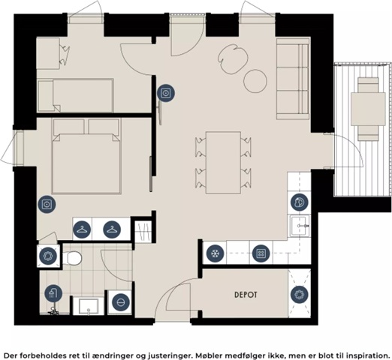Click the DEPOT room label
pyautogui.click(x=246, y=295)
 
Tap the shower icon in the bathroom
pyautogui.click(x=53, y=293)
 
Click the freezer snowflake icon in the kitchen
pyautogui.click(x=215, y=253)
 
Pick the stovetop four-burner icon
pyautogui.click(x=261, y=253)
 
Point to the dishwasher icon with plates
pyautogui.click(x=300, y=202)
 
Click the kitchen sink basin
pyautogui.click(x=300, y=226)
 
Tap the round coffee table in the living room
pyautogui.click(x=255, y=80)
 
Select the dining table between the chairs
pyautogui.click(x=223, y=163)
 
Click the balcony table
pyautogui.click(x=368, y=109)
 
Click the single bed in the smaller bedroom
pyautogui.click(x=75, y=95)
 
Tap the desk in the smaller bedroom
pyautogui.click(x=48, y=53)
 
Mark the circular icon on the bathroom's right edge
pyautogui.click(x=121, y=302)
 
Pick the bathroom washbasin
pyautogui.click(x=89, y=307)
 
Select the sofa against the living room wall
pyautogui.click(x=293, y=79)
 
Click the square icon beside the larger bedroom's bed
pyautogui.click(x=47, y=204)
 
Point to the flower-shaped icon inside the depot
pyautogui.click(x=300, y=294)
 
